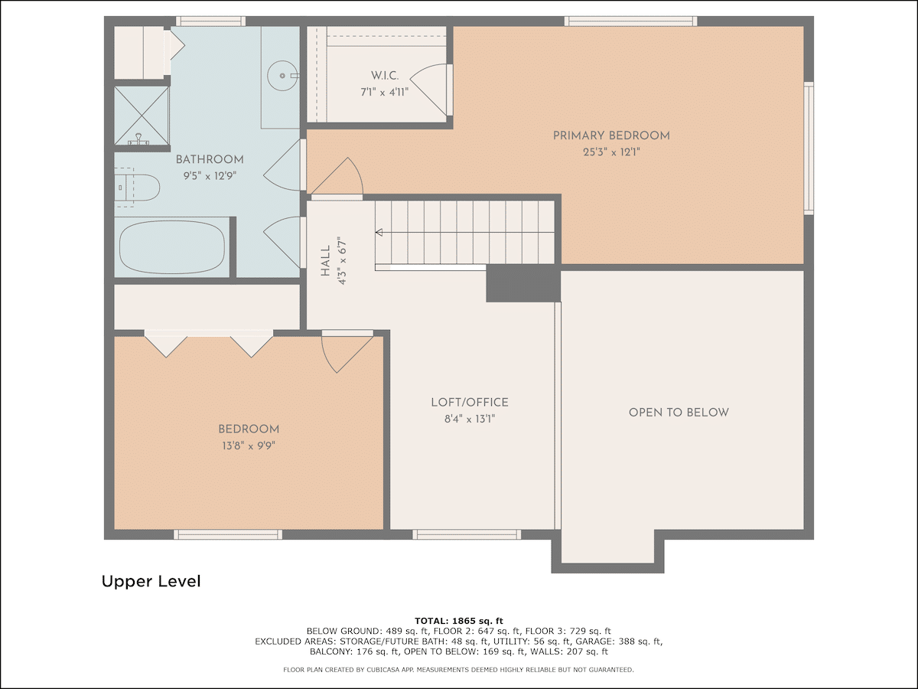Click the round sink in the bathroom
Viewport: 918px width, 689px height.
pyautogui.click(x=282, y=76)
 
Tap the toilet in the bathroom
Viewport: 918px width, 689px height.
pyautogui.click(x=137, y=188)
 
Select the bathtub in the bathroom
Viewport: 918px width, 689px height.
pyautogui.click(x=172, y=247)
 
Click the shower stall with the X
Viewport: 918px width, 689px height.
pyautogui.click(x=142, y=116)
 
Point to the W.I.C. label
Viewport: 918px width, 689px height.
pyautogui.click(x=384, y=76)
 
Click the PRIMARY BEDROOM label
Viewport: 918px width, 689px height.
pyautogui.click(x=611, y=136)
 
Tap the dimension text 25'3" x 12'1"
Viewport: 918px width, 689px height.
pyautogui.click(x=611, y=152)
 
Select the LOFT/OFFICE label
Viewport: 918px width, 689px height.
pyautogui.click(x=470, y=403)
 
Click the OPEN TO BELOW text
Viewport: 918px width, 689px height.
pyautogui.click(x=679, y=413)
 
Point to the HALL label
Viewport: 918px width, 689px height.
pyautogui.click(x=325, y=260)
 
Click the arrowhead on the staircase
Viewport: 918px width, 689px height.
pyautogui.click(x=379, y=232)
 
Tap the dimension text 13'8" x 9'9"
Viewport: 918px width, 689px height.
pyautogui.click(x=249, y=446)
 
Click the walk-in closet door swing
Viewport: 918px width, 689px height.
pyautogui.click(x=428, y=89)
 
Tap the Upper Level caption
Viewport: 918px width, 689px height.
pyautogui.click(x=151, y=582)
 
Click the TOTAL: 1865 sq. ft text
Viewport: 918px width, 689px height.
pyautogui.click(x=459, y=621)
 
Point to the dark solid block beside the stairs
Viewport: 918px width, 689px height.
pyautogui.click(x=523, y=283)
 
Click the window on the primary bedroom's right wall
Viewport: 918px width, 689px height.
pyautogui.click(x=809, y=149)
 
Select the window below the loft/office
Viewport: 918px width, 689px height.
pyautogui.click(x=467, y=534)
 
